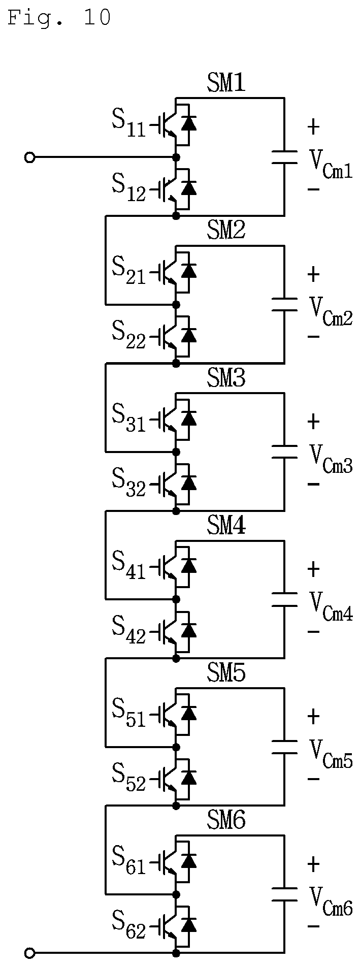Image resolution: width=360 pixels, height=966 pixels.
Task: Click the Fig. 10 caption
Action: coord(59,18)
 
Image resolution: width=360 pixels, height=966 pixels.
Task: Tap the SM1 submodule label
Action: coord(226,83)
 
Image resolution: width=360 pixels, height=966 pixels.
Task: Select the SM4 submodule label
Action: coord(226,526)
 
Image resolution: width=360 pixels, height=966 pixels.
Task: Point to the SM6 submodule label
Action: coord(226,820)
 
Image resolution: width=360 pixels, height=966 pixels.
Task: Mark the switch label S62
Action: coord(128,924)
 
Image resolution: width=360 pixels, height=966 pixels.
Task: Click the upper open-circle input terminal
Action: coord(30,157)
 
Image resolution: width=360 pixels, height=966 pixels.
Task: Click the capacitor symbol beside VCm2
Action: coord(284,305)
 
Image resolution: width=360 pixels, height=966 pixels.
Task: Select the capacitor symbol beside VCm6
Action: coord(284,894)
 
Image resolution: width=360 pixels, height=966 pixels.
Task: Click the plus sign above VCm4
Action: coord(314,569)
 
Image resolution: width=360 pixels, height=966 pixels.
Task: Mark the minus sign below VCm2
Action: coord(314,337)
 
